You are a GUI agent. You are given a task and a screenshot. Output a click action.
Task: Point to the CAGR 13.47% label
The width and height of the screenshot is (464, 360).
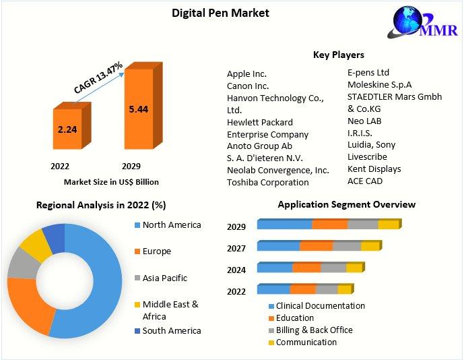tap(98, 78)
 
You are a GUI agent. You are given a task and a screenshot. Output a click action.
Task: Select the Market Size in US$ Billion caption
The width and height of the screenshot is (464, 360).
tap(111, 181)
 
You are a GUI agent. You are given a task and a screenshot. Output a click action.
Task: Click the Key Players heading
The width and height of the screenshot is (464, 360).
tap(338, 55)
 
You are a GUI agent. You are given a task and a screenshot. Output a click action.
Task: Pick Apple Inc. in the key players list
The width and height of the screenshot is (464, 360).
tap(246, 73)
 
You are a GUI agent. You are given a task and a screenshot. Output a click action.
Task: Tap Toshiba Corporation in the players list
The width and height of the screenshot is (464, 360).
tap(267, 182)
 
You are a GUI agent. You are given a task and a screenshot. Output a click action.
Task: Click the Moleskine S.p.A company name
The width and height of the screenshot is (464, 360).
tap(379, 84)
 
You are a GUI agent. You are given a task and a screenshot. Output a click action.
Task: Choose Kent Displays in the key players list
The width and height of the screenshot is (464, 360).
tap(374, 169)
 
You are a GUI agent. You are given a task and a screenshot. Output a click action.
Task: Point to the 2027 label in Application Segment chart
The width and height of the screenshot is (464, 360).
tap(236, 248)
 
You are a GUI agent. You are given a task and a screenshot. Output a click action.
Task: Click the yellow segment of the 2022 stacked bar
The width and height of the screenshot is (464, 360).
tap(343, 289)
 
